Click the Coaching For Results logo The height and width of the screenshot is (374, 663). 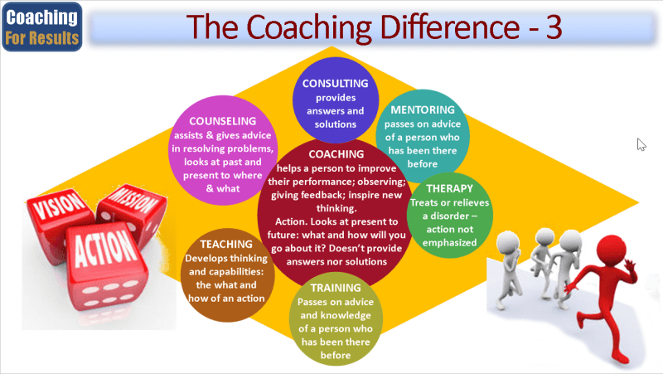[42, 27]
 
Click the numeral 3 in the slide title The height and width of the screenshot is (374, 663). [554, 27]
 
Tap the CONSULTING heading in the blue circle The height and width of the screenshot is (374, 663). [336, 84]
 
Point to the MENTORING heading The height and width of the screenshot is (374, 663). [423, 109]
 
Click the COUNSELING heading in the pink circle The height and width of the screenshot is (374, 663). [222, 121]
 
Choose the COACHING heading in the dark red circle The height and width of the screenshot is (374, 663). [336, 154]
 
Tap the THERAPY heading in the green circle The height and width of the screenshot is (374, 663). [449, 188]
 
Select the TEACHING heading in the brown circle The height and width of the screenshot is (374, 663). [226, 244]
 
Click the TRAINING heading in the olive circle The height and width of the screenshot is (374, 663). [336, 288]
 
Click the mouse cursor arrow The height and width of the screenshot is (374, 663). [641, 144]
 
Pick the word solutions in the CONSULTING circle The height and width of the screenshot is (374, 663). [336, 124]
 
